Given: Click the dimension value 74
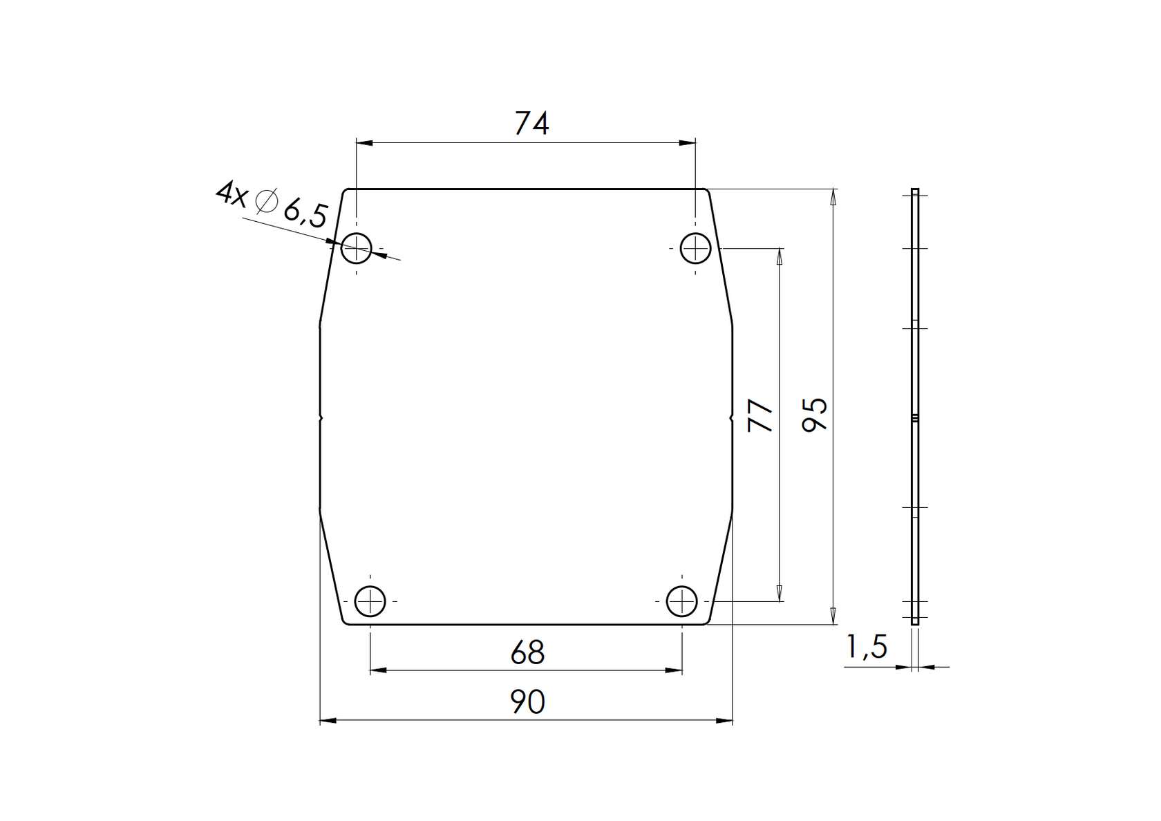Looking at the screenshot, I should pyautogui.click(x=531, y=124).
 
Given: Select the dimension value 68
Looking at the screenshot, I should pyautogui.click(x=527, y=653).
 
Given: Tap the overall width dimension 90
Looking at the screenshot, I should pyautogui.click(x=527, y=703).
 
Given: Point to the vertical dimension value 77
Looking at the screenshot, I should pyautogui.click(x=761, y=415).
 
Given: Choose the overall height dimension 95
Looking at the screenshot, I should pyautogui.click(x=815, y=415).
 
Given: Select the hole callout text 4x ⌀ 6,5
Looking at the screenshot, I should pyautogui.click(x=271, y=205).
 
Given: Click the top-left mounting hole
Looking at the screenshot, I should pyautogui.click(x=357, y=248).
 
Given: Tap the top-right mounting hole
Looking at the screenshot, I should pyautogui.click(x=695, y=248).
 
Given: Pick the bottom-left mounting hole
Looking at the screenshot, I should pyautogui.click(x=370, y=601).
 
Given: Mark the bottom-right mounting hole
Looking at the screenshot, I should pyautogui.click(x=681, y=601).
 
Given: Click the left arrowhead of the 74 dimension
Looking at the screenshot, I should pyautogui.click(x=364, y=143).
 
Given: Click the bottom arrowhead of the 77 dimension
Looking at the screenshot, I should pyautogui.click(x=780, y=593).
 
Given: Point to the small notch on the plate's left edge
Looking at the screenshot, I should pyautogui.click(x=321, y=418).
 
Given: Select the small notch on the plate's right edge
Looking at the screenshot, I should pyautogui.click(x=731, y=418).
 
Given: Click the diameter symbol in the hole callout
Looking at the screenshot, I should pyautogui.click(x=266, y=201).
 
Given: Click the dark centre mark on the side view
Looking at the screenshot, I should pyautogui.click(x=915, y=418).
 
